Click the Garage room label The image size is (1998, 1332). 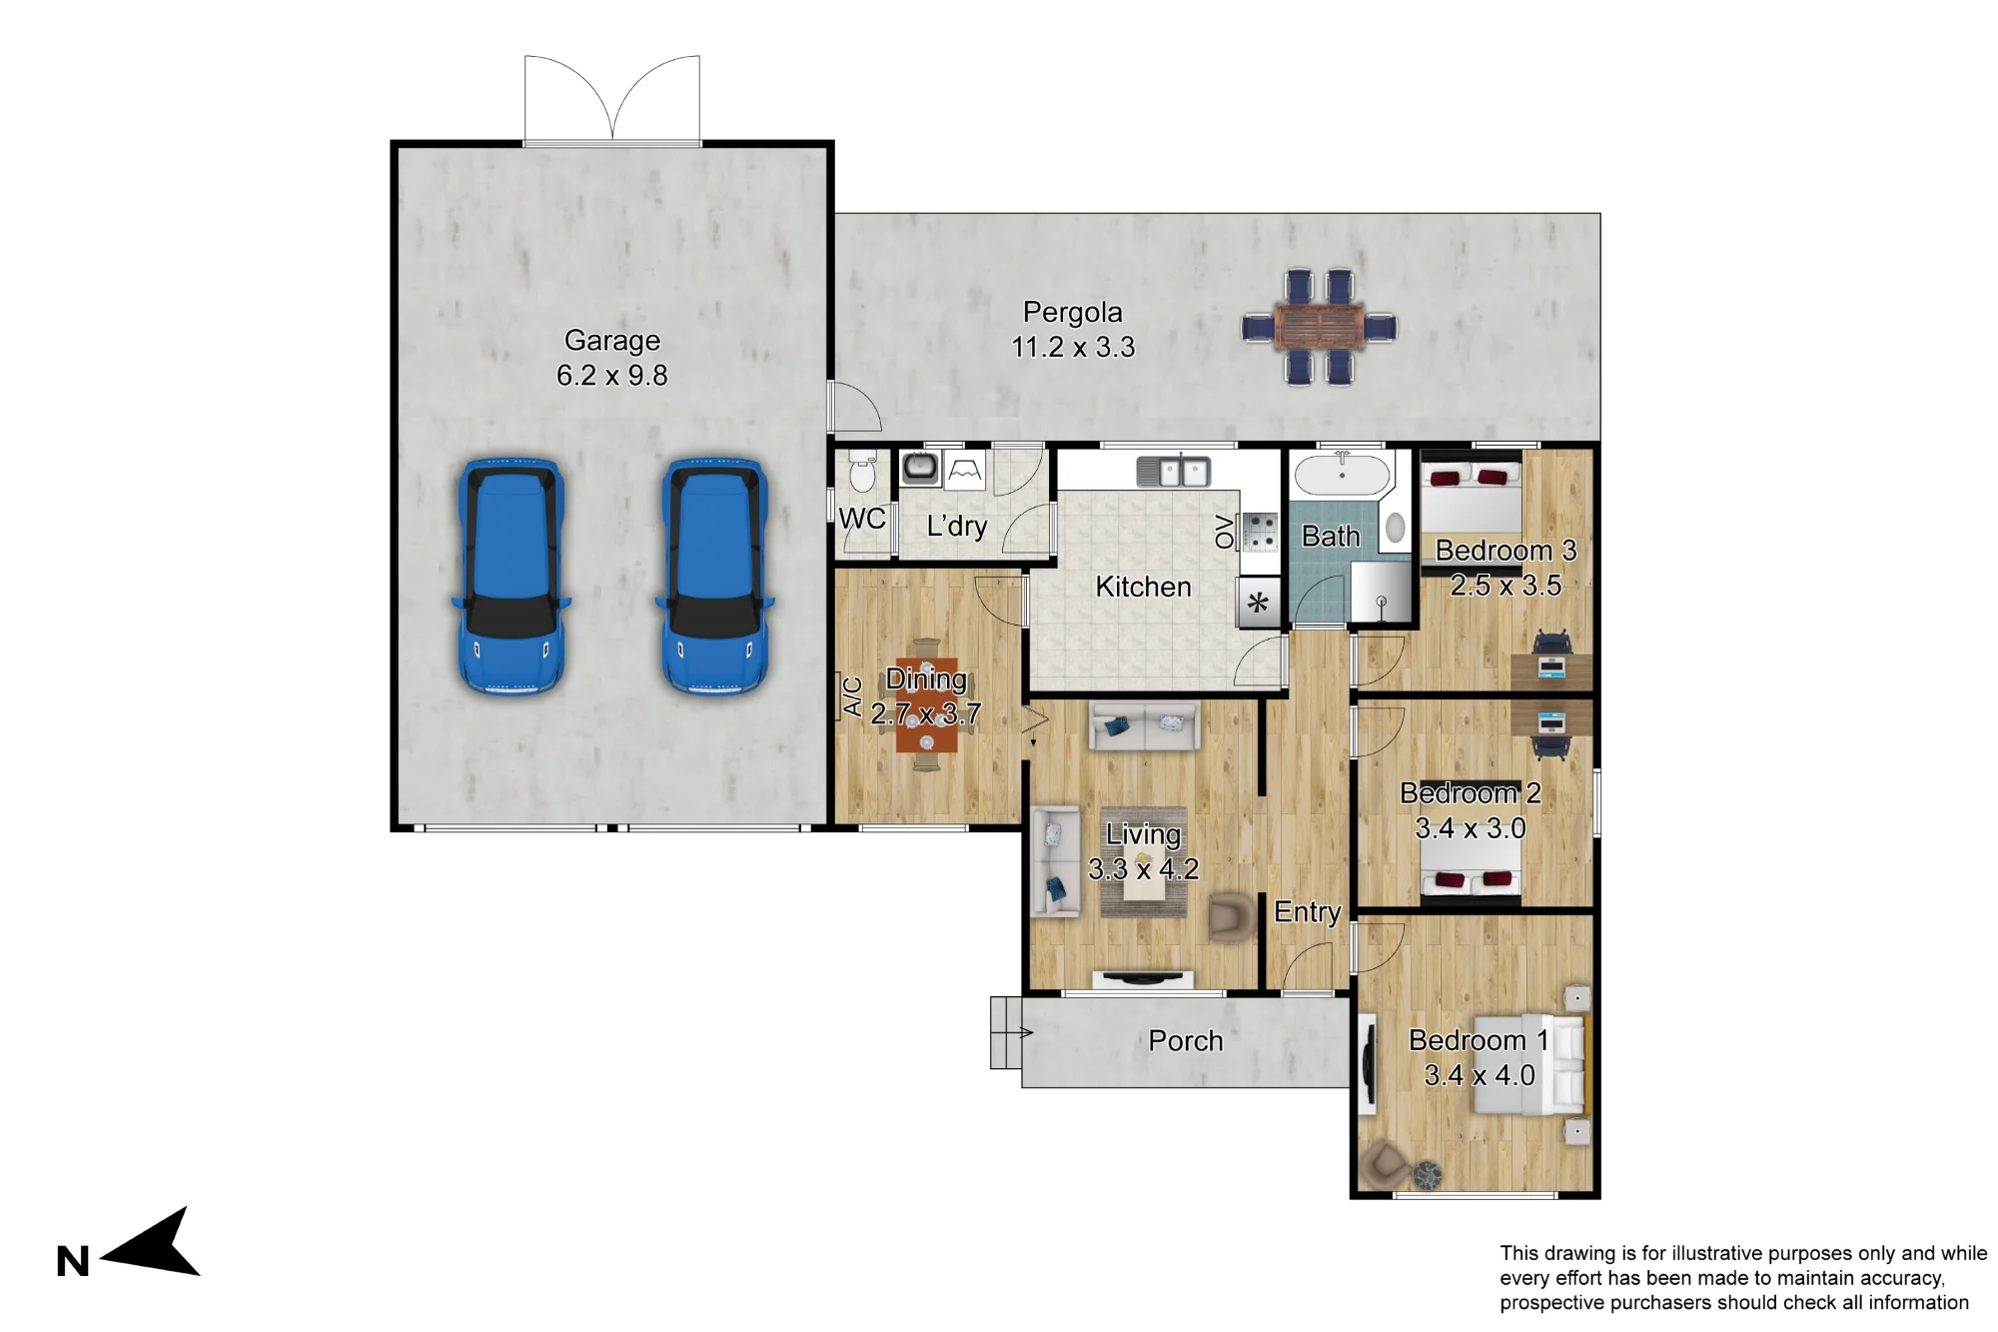pyautogui.click(x=612, y=341)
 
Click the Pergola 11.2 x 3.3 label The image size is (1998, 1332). pyautogui.click(x=1073, y=330)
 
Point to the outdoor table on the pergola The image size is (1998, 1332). pyautogui.click(x=1320, y=327)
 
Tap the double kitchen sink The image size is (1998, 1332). pyautogui.click(x=1174, y=472)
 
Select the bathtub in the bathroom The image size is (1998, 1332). pyautogui.click(x=1343, y=475)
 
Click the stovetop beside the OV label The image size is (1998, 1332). pyautogui.click(x=1259, y=532)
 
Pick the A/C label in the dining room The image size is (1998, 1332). pyautogui.click(x=852, y=697)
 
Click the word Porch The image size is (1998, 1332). pyautogui.click(x=1186, y=1041)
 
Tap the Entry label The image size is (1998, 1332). pyautogui.click(x=1308, y=912)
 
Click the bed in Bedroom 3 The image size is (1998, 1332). pyautogui.click(x=1471, y=493)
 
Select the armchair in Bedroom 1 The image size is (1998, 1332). pyautogui.click(x=1384, y=1162)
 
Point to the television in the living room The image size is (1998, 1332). pyautogui.click(x=1143, y=978)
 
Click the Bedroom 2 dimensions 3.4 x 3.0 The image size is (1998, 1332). pyautogui.click(x=1471, y=828)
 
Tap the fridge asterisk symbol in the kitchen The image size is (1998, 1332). pyautogui.click(x=1258, y=603)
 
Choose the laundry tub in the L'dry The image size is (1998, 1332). pyautogui.click(x=919, y=467)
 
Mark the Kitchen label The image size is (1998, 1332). pyautogui.click(x=1144, y=587)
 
